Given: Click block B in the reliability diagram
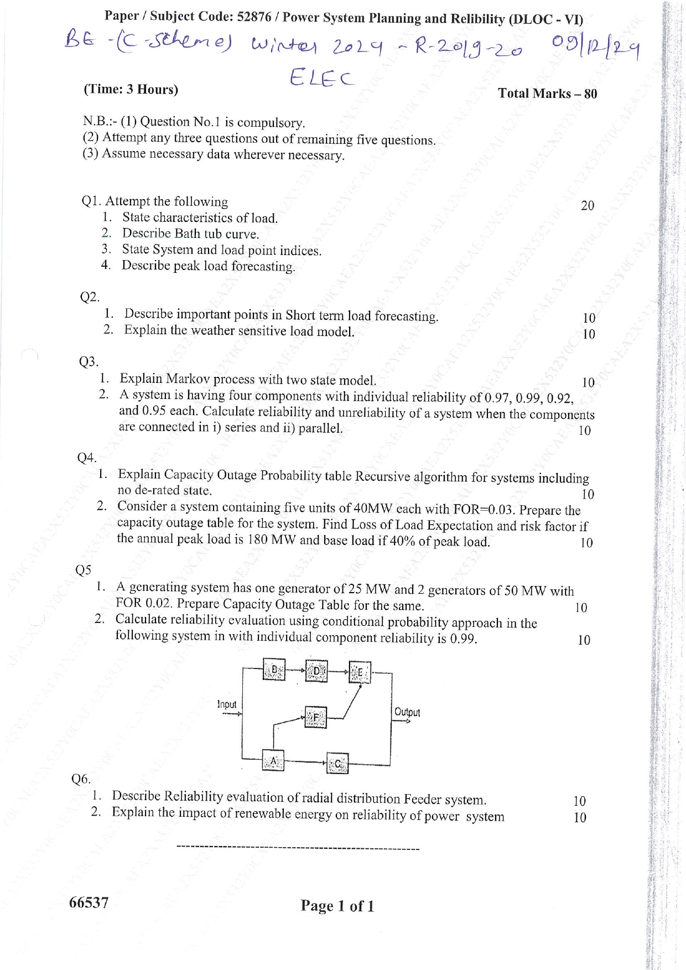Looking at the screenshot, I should pyautogui.click(x=273, y=670).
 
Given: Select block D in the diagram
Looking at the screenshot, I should pyautogui.click(x=316, y=671).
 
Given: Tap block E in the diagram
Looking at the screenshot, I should pyautogui.click(x=360, y=672).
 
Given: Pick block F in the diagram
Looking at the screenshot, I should pyautogui.click(x=316, y=718).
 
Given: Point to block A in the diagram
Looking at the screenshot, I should pyautogui.click(x=273, y=761).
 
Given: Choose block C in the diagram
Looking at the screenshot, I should pyautogui.click(x=337, y=764).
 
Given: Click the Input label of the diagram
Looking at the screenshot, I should pyautogui.click(x=227, y=704).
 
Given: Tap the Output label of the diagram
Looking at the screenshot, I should pyautogui.click(x=407, y=712).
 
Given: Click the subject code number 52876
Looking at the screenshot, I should pyautogui.click(x=254, y=17).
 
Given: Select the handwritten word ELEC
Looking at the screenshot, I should pyautogui.click(x=321, y=78).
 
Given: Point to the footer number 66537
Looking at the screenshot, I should pyautogui.click(x=89, y=902).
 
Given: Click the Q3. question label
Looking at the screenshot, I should pyautogui.click(x=89, y=362).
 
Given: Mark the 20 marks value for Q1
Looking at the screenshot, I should pyautogui.click(x=588, y=206).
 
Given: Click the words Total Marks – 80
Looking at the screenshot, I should pyautogui.click(x=547, y=94).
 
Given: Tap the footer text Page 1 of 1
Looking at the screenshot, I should pyautogui.click(x=337, y=906).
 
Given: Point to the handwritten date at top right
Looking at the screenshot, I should pyautogui.click(x=595, y=49).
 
